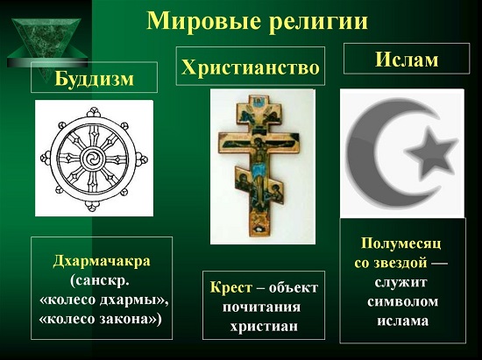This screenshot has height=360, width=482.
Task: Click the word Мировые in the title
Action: click(x=204, y=21)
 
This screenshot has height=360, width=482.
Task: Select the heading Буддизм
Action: click(x=94, y=79)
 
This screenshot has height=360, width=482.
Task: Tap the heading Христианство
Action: click(x=251, y=67)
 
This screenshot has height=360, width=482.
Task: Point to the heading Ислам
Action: click(x=407, y=60)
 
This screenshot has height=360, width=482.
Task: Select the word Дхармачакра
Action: click(x=102, y=261)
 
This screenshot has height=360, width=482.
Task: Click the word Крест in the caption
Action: click(x=230, y=288)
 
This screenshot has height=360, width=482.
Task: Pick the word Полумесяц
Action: click(x=401, y=244)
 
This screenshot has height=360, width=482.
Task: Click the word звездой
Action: click(x=400, y=263)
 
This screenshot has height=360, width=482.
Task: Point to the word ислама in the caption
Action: click(x=403, y=321)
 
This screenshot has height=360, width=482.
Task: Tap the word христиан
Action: click(x=264, y=326)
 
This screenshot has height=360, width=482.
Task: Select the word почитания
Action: click(x=262, y=307)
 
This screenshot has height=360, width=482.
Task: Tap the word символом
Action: click(x=403, y=301)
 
